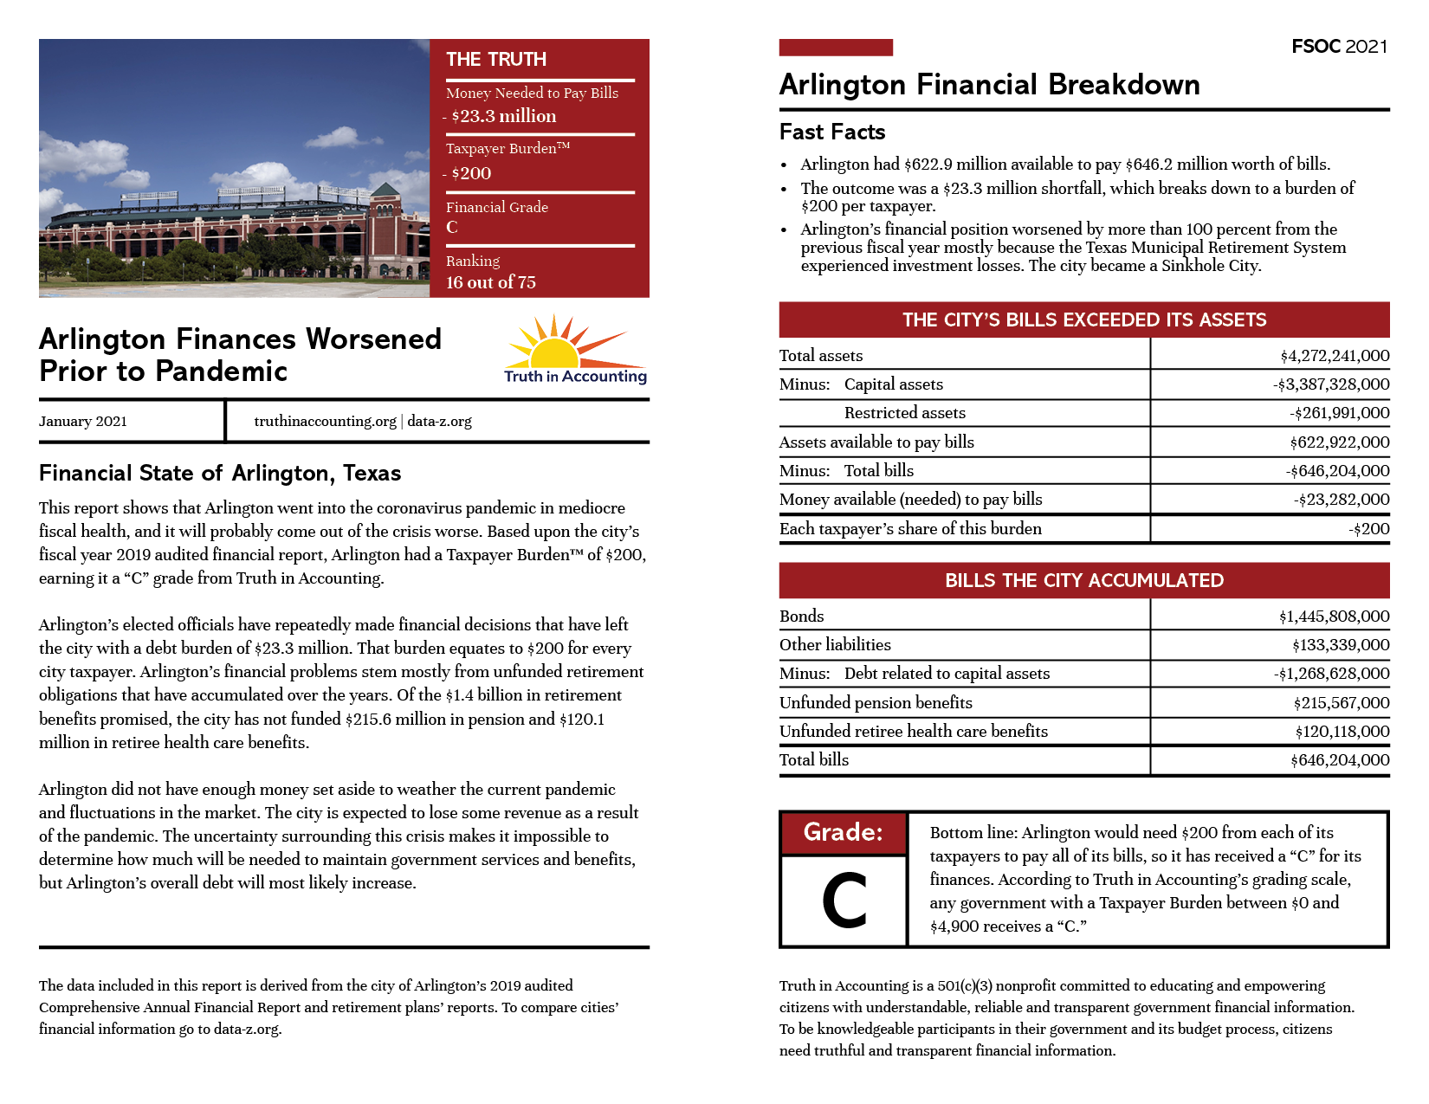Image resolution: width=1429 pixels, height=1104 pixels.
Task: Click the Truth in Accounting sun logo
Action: [575, 350]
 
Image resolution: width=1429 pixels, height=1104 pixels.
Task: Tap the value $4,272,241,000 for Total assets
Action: [1335, 356]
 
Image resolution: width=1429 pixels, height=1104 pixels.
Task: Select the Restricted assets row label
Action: [904, 413]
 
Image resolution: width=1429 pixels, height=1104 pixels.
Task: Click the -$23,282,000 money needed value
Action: [1342, 500]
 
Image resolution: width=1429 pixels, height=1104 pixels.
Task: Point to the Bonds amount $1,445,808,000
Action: [1334, 617]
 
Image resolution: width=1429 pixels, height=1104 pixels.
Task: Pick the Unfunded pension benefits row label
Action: [876, 703]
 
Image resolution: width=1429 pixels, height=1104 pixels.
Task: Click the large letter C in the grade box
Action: [844, 901]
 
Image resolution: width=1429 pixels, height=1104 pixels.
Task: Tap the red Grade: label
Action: [843, 832]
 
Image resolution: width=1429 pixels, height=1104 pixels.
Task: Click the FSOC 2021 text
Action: [1339, 47]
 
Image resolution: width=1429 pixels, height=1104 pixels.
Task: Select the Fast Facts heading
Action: [831, 132]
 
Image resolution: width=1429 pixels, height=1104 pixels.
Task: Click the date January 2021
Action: [83, 422]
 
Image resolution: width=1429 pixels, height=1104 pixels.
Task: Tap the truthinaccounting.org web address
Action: [325, 422]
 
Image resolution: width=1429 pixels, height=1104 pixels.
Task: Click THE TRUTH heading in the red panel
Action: [496, 60]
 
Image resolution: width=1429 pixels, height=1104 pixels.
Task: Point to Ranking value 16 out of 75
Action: [490, 282]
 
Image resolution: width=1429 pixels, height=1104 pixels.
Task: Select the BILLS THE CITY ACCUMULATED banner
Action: [1083, 581]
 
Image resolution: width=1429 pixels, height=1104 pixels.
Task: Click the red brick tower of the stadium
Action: [385, 229]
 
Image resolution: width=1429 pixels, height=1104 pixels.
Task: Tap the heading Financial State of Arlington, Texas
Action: [220, 474]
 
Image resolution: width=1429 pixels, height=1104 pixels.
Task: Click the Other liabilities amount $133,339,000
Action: [1341, 645]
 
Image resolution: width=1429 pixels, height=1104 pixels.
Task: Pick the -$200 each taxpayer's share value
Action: [1368, 529]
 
